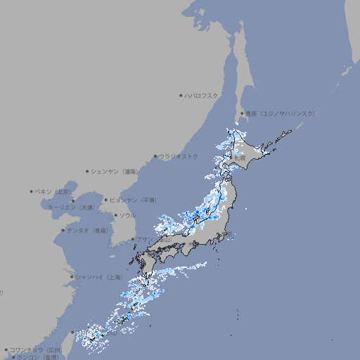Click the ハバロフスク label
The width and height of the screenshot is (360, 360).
[202, 95]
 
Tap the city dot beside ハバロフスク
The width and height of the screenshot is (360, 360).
[181, 95]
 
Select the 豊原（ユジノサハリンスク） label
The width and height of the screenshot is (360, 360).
[281, 113]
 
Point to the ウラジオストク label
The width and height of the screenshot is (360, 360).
[179, 156]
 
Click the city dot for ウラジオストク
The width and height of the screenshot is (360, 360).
[155, 156]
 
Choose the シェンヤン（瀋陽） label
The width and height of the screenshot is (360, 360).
[115, 171]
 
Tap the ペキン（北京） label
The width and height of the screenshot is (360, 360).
[54, 191]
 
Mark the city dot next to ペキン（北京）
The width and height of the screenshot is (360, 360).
[32, 191]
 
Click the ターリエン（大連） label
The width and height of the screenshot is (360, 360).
[71, 207]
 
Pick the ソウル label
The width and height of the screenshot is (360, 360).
[127, 215]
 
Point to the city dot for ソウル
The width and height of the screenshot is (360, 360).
[115, 215]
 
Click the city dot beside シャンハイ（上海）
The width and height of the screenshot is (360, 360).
[72, 277]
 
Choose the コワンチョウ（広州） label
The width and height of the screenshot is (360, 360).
[35, 349]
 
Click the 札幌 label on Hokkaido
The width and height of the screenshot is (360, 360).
[240, 158]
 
